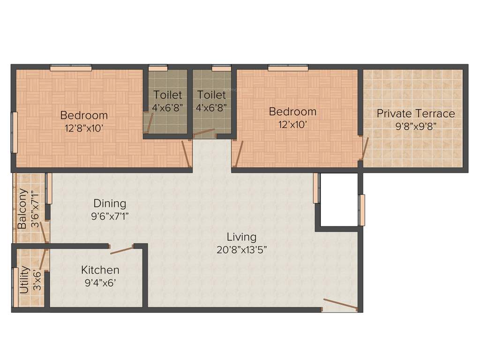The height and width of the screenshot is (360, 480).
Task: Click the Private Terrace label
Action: (x=416, y=113)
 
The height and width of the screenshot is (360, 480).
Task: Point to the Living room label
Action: (x=241, y=237)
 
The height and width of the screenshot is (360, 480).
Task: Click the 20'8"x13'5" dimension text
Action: (x=241, y=249)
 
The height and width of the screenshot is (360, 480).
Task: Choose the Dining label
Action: (x=110, y=203)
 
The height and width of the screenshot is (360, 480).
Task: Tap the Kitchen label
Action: (x=100, y=270)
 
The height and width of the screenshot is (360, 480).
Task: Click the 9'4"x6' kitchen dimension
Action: (x=100, y=283)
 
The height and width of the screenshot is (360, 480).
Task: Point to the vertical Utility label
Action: (x=24, y=280)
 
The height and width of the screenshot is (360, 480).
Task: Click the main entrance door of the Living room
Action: (x=340, y=305)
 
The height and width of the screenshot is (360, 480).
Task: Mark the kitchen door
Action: (x=121, y=249)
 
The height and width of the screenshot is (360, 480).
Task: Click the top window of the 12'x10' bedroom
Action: (x=288, y=68)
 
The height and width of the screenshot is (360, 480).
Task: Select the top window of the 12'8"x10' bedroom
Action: (x=71, y=68)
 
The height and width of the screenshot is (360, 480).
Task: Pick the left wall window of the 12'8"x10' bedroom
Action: (x=15, y=132)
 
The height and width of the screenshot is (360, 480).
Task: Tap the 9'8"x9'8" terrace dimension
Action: (x=416, y=126)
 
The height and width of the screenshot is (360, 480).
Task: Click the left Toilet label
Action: (x=168, y=95)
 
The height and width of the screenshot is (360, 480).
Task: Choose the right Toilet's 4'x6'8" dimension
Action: (x=211, y=107)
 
